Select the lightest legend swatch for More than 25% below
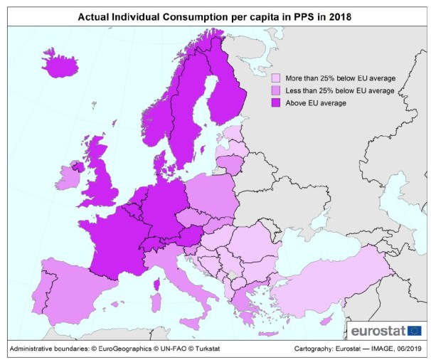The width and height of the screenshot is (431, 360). pos(276,78)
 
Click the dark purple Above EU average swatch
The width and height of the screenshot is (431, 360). pos(276,103)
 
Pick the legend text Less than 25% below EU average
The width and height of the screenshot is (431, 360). pos(339,90)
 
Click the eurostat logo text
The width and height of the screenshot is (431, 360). pos(377,331)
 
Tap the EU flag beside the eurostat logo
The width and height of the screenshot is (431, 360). pos(414,330)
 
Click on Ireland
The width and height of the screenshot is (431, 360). pos(70,176)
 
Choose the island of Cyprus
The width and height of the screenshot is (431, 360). pos(326,322)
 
